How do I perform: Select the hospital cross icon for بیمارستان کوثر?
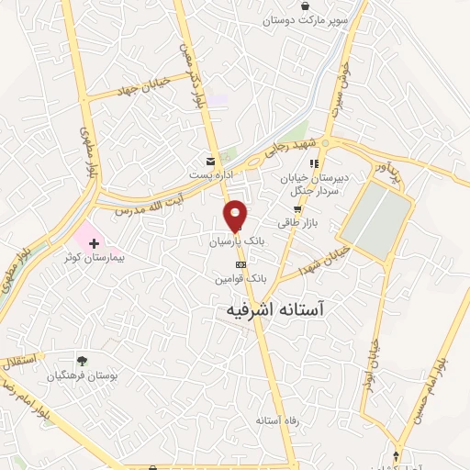click(x=95, y=243)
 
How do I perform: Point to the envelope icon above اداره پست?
click(x=212, y=160)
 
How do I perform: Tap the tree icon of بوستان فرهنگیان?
click(x=84, y=361)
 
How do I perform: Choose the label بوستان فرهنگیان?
click(x=84, y=376)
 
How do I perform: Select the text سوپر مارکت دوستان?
click(x=305, y=20)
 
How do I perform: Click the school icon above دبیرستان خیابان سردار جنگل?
click(x=315, y=163)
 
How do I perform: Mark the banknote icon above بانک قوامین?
click(x=241, y=264)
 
